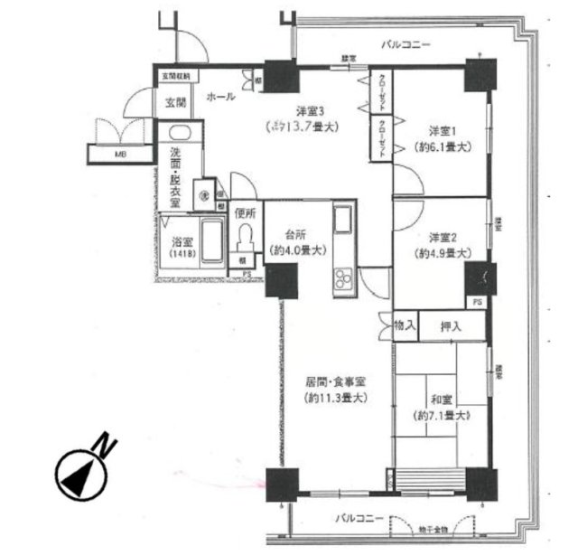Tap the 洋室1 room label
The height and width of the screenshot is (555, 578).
[x=440, y=129]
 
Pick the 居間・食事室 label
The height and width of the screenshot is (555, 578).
[x=331, y=381]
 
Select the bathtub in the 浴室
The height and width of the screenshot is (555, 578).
[x=210, y=242]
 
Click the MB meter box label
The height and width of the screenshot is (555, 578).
[x=120, y=155]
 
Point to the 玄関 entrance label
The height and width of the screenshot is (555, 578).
[x=175, y=102]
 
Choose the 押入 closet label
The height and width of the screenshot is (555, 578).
[x=452, y=326]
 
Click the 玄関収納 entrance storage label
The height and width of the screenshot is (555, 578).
[x=176, y=77]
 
